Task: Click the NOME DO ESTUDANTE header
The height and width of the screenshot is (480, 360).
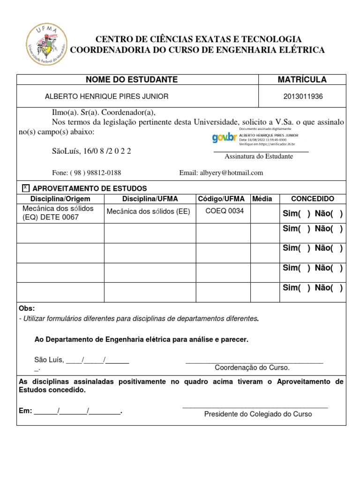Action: tap(132, 80)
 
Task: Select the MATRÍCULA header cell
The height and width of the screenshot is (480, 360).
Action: tap(302, 80)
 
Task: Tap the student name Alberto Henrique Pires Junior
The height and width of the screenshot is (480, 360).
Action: tap(106, 97)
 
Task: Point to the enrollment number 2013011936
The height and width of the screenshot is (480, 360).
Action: tap(303, 97)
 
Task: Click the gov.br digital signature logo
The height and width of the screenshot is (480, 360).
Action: tap(225, 137)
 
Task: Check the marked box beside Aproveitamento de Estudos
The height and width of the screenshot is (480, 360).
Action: tap(26, 188)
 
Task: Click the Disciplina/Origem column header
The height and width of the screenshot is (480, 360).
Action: tap(60, 199)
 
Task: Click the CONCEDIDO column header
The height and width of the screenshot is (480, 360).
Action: tap(313, 199)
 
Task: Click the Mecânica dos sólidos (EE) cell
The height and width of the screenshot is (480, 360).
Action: tap(148, 211)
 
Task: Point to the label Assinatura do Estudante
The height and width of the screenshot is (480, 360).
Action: tap(259, 156)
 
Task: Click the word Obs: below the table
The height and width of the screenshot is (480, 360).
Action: tap(26, 308)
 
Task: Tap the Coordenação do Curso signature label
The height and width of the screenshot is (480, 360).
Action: tap(252, 367)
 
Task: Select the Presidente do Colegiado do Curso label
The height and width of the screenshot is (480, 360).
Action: tap(258, 414)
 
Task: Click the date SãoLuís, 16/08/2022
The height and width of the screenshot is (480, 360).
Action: tap(91, 151)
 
